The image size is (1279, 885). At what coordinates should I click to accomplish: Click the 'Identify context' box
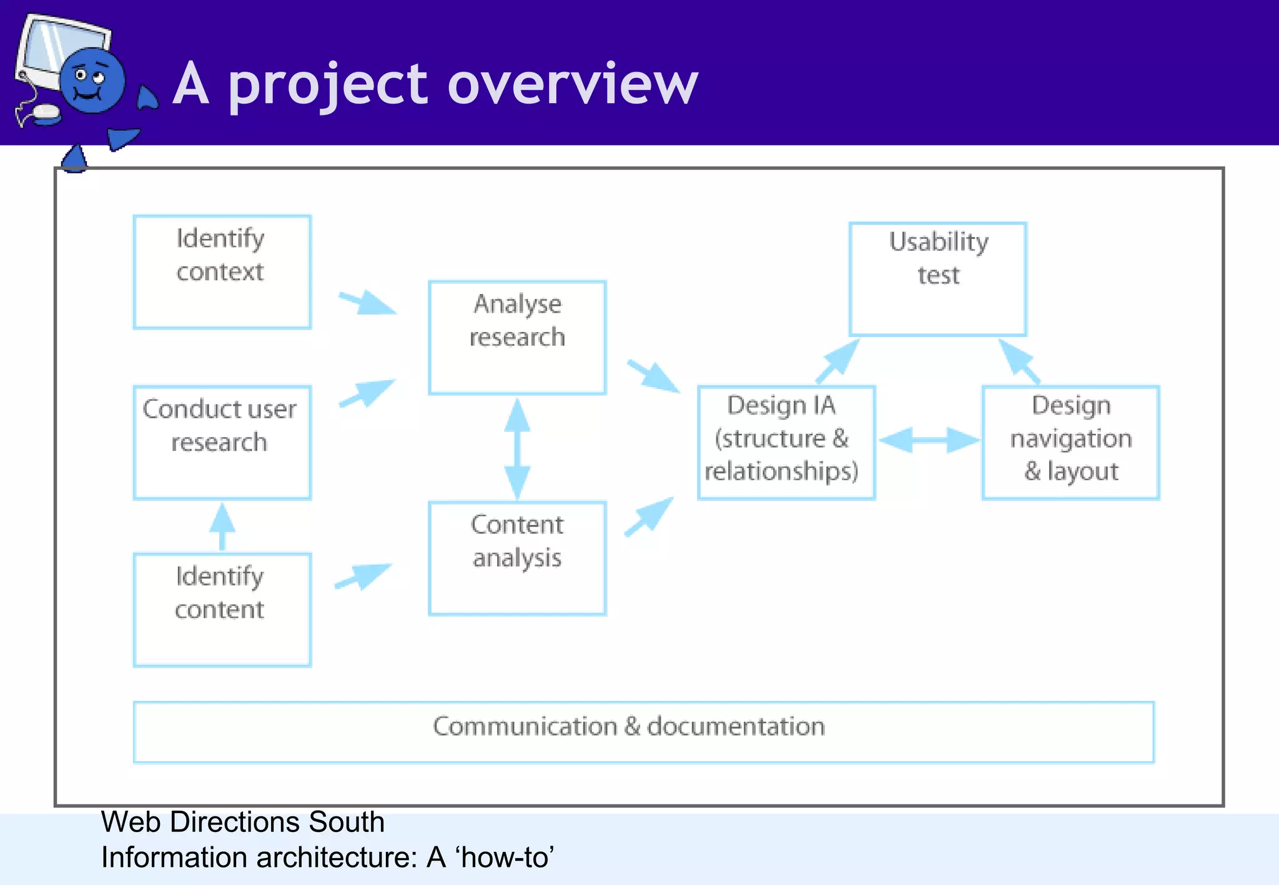(x=222, y=272)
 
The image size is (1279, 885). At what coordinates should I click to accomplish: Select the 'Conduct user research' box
(x=222, y=442)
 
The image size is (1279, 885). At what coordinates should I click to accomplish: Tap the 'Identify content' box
(x=222, y=610)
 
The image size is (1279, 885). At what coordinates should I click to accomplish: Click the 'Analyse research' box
(x=517, y=338)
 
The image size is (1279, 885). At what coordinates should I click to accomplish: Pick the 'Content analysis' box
(x=517, y=558)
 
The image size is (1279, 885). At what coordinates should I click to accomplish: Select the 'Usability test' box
(x=937, y=279)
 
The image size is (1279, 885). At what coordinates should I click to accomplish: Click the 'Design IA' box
(x=786, y=442)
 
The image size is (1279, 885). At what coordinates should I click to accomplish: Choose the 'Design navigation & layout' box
(x=1070, y=442)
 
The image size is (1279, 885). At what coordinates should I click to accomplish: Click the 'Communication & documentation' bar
(x=643, y=731)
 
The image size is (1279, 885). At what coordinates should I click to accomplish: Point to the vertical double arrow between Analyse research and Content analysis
(x=517, y=448)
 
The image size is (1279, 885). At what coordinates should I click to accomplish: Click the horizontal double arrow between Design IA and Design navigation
(x=929, y=440)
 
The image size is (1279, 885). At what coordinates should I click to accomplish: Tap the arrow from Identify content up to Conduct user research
(x=222, y=526)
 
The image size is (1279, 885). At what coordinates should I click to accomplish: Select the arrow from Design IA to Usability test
(x=839, y=361)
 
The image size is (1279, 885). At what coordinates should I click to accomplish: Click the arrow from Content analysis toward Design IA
(x=650, y=516)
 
